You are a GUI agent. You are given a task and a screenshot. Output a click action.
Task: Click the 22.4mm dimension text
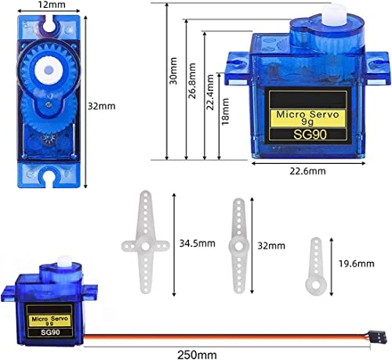[x=210, y=93]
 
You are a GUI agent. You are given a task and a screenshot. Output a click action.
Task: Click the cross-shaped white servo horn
[x=143, y=242]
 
